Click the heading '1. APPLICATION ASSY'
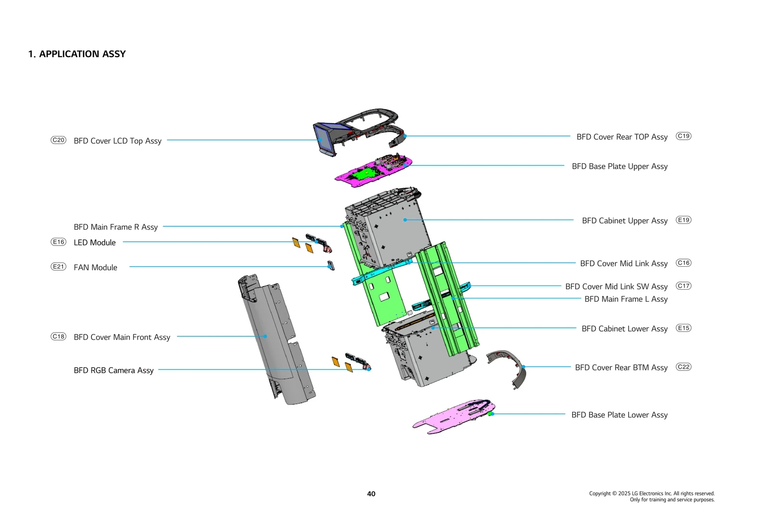coord(77,54)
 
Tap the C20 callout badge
coord(58,140)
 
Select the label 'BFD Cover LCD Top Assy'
coord(117,141)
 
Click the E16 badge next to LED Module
coord(58,242)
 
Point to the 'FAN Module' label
coord(95,268)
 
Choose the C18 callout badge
coord(58,336)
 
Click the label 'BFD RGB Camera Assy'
coord(114,371)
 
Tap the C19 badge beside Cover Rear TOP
coord(683,136)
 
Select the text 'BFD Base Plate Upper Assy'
coord(619,166)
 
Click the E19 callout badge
coord(683,220)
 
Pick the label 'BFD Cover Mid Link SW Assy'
coord(616,286)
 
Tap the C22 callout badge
coord(683,367)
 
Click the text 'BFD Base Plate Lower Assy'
coord(619,415)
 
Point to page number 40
coord(371,494)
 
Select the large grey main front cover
coord(274,336)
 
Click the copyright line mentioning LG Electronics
coord(652,494)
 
